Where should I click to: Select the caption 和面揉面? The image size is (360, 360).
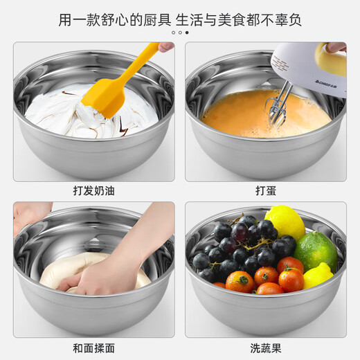click(93, 348)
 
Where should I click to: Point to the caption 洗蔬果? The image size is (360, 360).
click(266, 348)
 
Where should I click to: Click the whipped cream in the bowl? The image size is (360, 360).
click(62, 111)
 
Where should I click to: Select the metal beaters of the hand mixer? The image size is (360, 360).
click(280, 104)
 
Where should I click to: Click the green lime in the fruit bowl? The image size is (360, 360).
click(315, 251)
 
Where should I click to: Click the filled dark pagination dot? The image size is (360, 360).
click(186, 33)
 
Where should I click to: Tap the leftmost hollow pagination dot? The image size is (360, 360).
click(173, 33)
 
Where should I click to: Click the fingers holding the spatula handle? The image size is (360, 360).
click(165, 46)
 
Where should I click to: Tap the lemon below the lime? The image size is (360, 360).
click(317, 276)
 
